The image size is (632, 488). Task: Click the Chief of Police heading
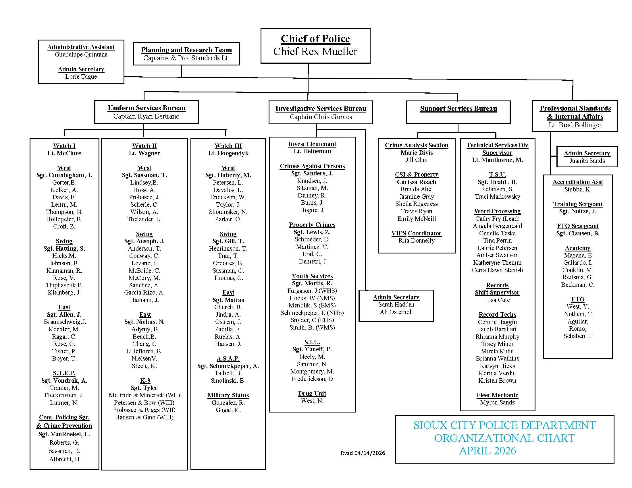[x=315, y=39]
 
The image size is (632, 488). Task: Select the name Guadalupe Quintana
[x=81, y=55]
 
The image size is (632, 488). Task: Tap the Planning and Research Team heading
[x=186, y=50]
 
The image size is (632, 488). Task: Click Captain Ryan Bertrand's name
[x=147, y=116]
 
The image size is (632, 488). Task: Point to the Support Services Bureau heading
[x=458, y=109]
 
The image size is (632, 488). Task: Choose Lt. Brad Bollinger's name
[x=575, y=125]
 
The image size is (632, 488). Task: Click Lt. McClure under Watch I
[x=64, y=153]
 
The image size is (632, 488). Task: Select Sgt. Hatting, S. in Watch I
[x=64, y=249]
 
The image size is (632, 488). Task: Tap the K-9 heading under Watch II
[x=145, y=380]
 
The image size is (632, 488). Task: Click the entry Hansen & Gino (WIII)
[x=144, y=417]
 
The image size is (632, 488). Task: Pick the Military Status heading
[x=228, y=395]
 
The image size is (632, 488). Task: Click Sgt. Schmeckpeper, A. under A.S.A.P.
[x=228, y=366]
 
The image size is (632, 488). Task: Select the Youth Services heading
[x=312, y=276]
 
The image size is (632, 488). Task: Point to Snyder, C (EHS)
[x=312, y=320]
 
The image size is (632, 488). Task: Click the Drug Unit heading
[x=312, y=394]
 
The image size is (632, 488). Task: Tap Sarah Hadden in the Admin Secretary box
[x=396, y=304]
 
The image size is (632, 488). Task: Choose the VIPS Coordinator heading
[x=416, y=233]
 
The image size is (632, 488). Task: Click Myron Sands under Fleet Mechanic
[x=497, y=402]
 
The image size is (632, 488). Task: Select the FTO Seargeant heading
[x=578, y=226]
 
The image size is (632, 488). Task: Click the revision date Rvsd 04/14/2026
[x=363, y=453]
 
